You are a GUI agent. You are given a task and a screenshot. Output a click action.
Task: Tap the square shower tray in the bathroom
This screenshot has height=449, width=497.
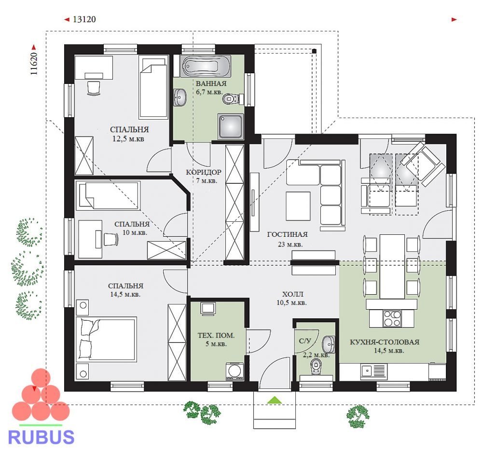coord(231,126)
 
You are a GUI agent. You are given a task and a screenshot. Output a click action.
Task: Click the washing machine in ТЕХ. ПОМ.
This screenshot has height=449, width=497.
coord(235,371)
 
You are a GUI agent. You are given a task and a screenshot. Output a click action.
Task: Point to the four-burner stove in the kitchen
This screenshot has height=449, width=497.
coord(392,318)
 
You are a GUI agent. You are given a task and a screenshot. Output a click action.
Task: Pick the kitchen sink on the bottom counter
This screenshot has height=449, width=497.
coord(367,370)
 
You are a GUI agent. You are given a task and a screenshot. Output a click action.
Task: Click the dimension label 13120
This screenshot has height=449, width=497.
coord(84,19)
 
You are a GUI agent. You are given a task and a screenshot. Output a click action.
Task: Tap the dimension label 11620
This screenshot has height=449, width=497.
coord(34,64)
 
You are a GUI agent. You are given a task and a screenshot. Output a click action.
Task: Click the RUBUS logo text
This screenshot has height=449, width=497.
coord(41,437)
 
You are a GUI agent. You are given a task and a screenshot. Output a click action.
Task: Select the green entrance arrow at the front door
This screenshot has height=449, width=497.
coord(275,400)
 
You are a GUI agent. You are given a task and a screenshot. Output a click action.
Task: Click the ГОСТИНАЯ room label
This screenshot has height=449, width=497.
coord(287,234)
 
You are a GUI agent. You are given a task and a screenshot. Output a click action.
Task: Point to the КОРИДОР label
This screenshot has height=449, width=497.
coord(204,172)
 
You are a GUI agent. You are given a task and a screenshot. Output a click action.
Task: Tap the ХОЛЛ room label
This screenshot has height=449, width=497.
coord(292,294)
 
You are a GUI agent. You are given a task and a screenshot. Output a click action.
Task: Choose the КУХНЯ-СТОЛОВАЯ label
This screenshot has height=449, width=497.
coord(385,342)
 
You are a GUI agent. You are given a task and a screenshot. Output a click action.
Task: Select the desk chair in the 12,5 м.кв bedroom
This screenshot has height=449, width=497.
coord(94,88)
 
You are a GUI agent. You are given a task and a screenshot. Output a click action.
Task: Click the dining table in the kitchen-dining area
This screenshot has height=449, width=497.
coord(392,266)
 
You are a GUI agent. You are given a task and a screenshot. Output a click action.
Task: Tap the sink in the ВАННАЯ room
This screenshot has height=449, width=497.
coord(180,96)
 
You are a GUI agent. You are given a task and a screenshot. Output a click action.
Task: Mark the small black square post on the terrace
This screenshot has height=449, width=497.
coord(314,51)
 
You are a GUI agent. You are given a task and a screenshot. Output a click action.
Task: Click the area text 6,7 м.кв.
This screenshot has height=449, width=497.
coord(209,93)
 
